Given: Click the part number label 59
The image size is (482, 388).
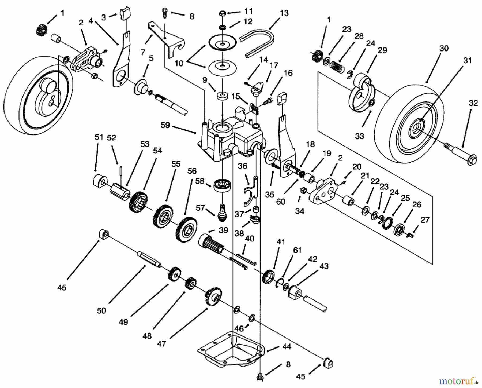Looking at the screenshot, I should (165, 125).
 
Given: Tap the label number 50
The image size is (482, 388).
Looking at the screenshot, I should (101, 311).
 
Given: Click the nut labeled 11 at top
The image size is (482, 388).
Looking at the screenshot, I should (223, 13).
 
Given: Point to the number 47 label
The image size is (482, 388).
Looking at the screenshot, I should (162, 343).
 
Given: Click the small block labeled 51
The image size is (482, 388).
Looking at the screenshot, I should (99, 180).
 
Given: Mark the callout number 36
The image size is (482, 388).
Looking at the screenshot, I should (242, 166).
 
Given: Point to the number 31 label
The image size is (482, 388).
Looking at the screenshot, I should (467, 61).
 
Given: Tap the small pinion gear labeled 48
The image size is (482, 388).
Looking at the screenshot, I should (190, 283).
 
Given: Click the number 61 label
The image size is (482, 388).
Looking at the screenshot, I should (297, 250).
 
